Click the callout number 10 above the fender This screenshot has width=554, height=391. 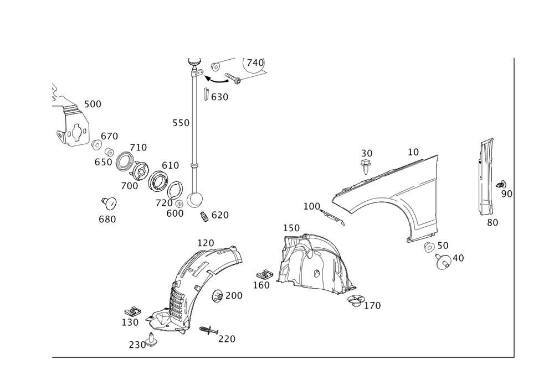click(413, 150)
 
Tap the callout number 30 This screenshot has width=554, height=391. click(367, 153)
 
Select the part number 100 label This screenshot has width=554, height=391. click(312, 206)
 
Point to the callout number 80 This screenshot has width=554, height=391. click(492, 222)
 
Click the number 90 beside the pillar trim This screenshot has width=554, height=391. click(506, 193)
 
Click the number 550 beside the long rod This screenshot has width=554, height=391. click(181, 123)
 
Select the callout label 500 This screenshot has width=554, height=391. click(93, 104)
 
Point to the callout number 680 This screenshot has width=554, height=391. click(107, 220)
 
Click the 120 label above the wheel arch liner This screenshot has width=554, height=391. click(206, 243)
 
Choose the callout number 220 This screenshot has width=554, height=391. click(227, 338)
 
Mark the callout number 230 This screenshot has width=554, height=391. click(136, 345)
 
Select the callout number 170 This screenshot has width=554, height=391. click(373, 305)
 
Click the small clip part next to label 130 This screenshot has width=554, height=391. click(132, 312)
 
